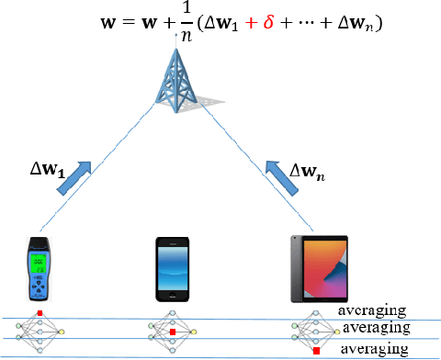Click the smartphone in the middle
tap(174, 269)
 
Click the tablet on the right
tap(315, 269)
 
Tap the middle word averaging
tap(377, 327)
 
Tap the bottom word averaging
tap(371, 348)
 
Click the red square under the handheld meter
tap(40, 314)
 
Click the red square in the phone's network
tap(173, 332)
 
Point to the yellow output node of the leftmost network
tap(62, 330)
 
